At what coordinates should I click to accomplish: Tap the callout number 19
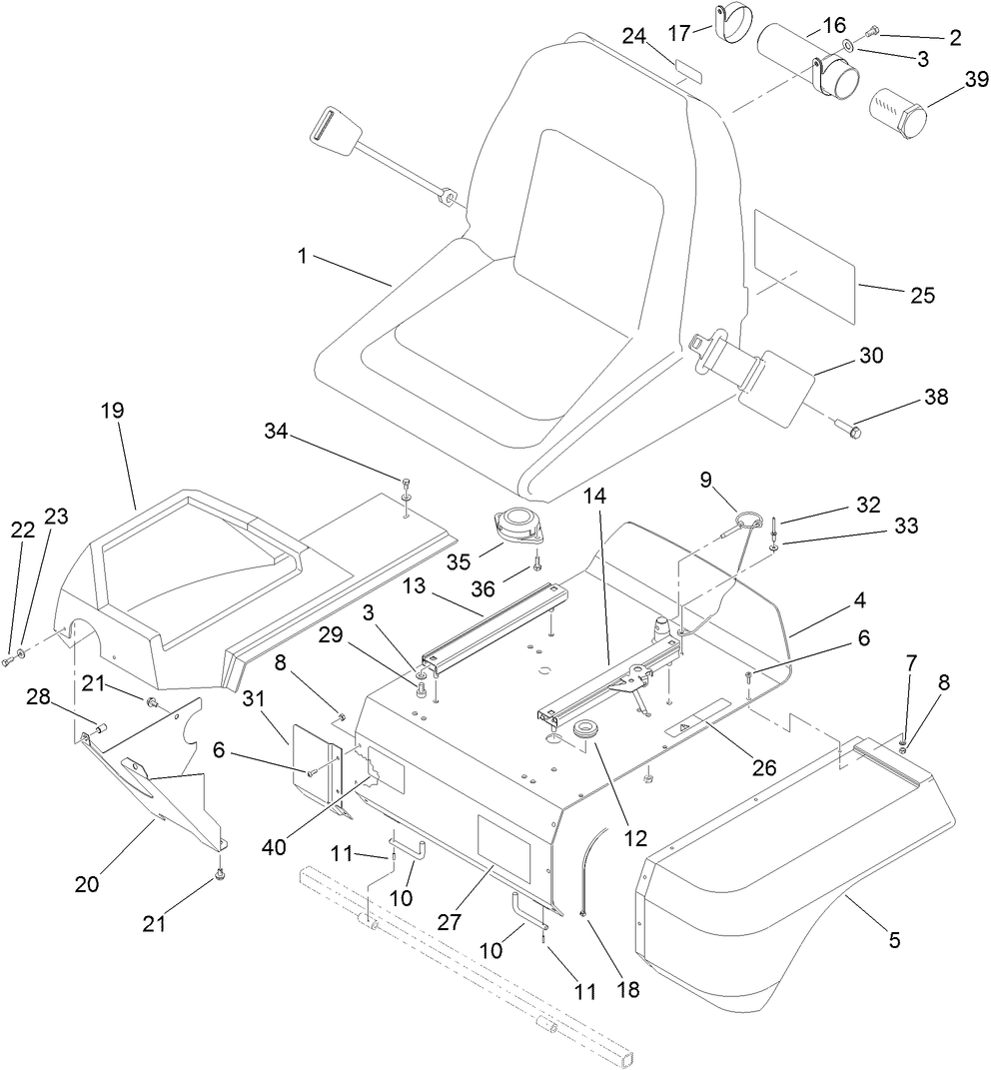[111, 411]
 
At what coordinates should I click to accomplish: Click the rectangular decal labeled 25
[804, 266]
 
